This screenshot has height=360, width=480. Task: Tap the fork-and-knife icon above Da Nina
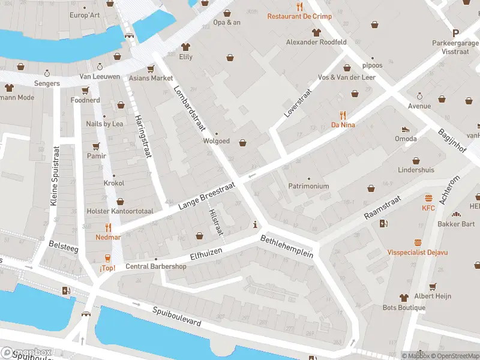click(343, 115)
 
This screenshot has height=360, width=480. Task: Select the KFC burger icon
click(428, 198)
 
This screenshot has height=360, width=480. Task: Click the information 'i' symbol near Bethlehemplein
click(256, 226)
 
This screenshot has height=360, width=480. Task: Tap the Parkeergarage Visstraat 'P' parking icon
click(455, 34)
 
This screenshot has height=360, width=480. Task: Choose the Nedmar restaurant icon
click(108, 227)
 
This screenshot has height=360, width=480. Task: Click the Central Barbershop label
click(155, 266)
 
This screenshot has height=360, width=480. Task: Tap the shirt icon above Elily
click(185, 47)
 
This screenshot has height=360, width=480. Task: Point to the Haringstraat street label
click(142, 136)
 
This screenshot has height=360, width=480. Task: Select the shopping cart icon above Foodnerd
click(85, 90)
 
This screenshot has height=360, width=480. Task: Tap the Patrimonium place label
click(308, 186)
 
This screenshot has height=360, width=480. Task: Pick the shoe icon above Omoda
click(406, 129)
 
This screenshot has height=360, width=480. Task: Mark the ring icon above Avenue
click(419, 96)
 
